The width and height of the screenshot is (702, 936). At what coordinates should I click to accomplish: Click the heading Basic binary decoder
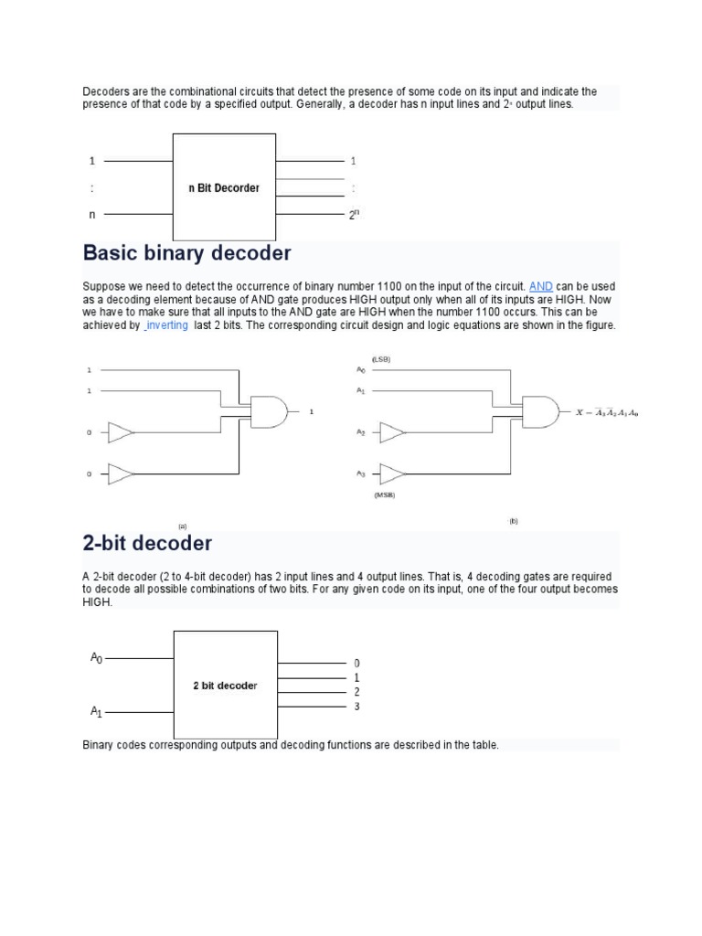[186, 253]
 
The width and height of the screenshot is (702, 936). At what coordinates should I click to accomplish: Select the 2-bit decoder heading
[147, 543]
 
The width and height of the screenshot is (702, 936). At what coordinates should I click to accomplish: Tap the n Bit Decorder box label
[224, 188]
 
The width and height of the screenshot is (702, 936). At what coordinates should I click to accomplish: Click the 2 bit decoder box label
[225, 686]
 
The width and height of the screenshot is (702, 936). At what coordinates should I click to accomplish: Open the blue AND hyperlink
[540, 286]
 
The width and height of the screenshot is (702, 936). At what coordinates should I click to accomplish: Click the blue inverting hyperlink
[166, 325]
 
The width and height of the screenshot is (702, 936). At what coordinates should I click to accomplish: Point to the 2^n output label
[355, 215]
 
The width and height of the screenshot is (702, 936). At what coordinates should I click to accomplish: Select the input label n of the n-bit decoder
[91, 216]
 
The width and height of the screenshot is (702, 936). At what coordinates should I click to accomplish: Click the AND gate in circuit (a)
[270, 412]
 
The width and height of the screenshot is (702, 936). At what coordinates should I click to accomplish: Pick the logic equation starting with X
[607, 413]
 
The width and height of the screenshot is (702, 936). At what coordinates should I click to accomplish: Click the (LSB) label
[381, 359]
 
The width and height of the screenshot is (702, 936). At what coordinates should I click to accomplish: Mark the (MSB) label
[384, 495]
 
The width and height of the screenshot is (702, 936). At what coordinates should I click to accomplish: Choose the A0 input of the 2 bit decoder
[96, 657]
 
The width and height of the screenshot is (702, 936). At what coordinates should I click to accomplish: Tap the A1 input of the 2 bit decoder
[96, 710]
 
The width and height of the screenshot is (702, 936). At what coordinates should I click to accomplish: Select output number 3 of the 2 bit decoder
[356, 707]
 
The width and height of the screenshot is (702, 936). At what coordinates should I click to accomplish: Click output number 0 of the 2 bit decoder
[356, 663]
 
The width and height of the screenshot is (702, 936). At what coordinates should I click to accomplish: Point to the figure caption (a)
[183, 526]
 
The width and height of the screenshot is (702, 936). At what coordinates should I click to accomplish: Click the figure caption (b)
[513, 520]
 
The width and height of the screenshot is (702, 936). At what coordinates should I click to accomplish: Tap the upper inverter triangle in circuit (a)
[121, 432]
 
